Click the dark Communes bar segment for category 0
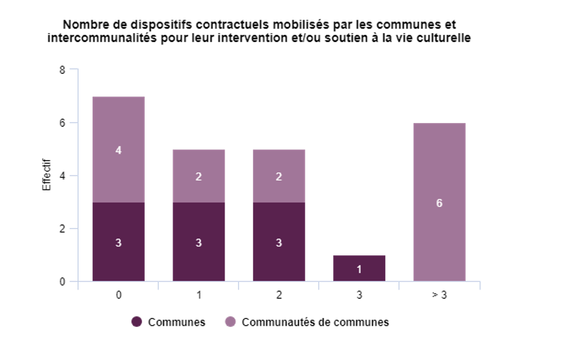point(119,242)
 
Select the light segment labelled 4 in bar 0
point(119,150)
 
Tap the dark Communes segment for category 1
point(199,242)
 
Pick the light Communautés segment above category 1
point(199,177)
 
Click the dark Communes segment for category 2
point(279,242)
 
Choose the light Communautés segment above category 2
point(279,177)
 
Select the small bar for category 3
point(359,268)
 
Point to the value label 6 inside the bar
point(439,203)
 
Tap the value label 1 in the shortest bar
point(359,269)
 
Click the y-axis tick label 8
point(62,70)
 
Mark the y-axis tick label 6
point(62,123)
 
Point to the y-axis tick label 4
point(62,176)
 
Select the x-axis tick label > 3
point(439,296)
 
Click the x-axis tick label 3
point(359,296)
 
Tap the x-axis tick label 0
point(119,296)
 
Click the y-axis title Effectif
point(46,176)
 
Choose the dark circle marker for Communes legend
point(136,322)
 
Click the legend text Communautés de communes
point(315,322)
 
